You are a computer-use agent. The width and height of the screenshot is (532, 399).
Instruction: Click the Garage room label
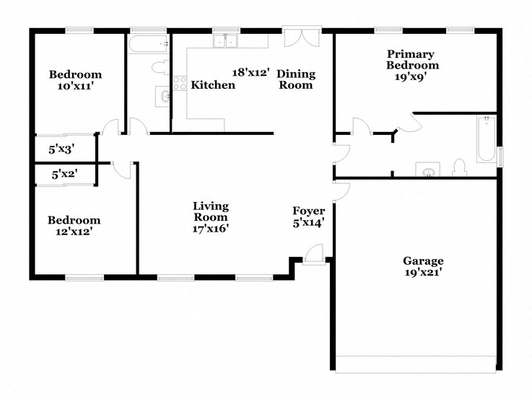(x=423, y=260)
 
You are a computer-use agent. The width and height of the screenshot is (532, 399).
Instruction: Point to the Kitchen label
(x=213, y=85)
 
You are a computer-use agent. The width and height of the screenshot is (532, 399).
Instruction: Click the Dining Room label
(x=295, y=79)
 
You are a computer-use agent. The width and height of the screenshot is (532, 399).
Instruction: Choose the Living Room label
(x=210, y=211)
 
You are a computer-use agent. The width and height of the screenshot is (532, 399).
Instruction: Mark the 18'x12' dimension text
(x=250, y=72)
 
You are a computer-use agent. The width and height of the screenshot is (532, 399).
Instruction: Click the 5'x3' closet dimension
(x=62, y=149)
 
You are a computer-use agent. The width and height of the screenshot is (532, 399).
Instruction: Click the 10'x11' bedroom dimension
(x=74, y=86)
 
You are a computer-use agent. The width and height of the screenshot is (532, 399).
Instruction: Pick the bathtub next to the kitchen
(x=148, y=44)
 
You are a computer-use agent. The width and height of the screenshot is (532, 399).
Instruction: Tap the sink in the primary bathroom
(x=428, y=170)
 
